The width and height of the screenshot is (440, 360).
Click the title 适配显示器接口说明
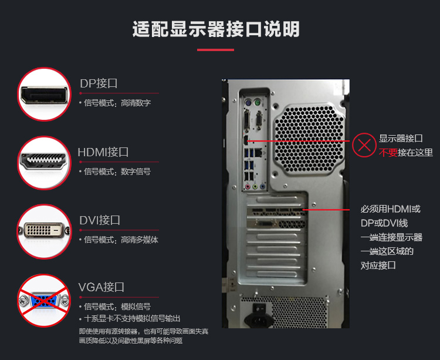(216, 29)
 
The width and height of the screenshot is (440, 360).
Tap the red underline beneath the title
(215, 50)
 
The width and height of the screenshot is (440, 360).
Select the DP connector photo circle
(45, 95)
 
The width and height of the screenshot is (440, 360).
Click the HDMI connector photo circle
(45, 163)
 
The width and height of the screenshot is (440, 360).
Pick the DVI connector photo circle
(45, 231)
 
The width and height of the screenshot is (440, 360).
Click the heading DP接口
(99, 83)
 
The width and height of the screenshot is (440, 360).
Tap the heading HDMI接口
(103, 152)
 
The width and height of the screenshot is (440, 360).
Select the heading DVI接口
(100, 220)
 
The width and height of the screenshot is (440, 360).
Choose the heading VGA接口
(101, 287)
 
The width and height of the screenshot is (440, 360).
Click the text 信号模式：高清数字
(117, 103)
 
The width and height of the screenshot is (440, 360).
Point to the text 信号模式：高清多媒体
(121, 240)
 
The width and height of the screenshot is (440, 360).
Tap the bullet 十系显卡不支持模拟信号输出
(132, 318)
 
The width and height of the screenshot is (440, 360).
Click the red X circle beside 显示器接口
(364, 145)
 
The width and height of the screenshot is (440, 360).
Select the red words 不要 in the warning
(388, 153)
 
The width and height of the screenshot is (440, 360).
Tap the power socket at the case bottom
(259, 319)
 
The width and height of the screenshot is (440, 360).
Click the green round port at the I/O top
(258, 103)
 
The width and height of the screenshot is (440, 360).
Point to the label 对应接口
(378, 265)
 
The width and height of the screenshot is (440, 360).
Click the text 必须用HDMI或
(391, 209)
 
